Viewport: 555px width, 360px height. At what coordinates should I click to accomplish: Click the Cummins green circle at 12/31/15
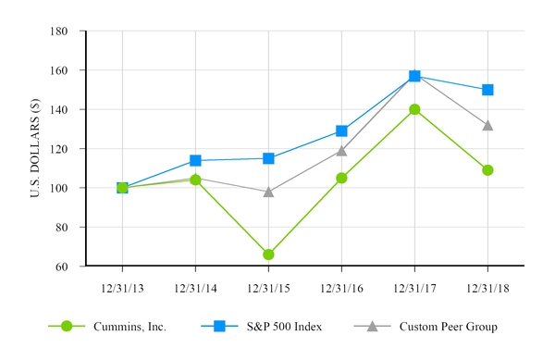tap(268, 254)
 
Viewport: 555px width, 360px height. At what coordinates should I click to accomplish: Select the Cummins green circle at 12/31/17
tap(414, 109)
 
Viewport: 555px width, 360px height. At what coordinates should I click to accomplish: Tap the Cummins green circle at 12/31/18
tap(487, 170)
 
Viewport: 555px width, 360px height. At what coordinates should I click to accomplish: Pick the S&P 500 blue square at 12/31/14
tap(195, 160)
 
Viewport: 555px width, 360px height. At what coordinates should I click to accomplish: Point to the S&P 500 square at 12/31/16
tap(341, 131)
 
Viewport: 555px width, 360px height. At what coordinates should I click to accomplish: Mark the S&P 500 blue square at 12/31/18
tap(487, 90)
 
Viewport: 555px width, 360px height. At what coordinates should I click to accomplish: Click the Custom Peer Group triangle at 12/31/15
tap(268, 192)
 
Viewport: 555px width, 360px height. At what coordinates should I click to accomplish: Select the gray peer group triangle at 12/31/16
tap(341, 150)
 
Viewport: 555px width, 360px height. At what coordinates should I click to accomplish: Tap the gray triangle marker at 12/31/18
tap(487, 125)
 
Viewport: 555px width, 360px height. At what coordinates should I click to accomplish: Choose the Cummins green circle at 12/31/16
tap(341, 178)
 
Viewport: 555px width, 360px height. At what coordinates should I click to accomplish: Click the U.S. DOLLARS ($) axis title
tap(35, 149)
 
